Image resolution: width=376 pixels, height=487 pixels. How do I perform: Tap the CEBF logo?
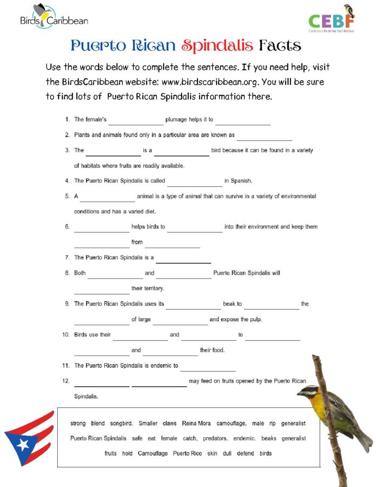tap(332, 19)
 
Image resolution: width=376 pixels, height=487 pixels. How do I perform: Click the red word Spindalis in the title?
tap(217, 45)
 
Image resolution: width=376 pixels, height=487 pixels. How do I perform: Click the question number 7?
tap(67, 258)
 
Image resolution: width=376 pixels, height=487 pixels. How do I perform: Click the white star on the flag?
tap(22, 445)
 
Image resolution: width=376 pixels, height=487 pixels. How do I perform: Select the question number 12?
tap(66, 381)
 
